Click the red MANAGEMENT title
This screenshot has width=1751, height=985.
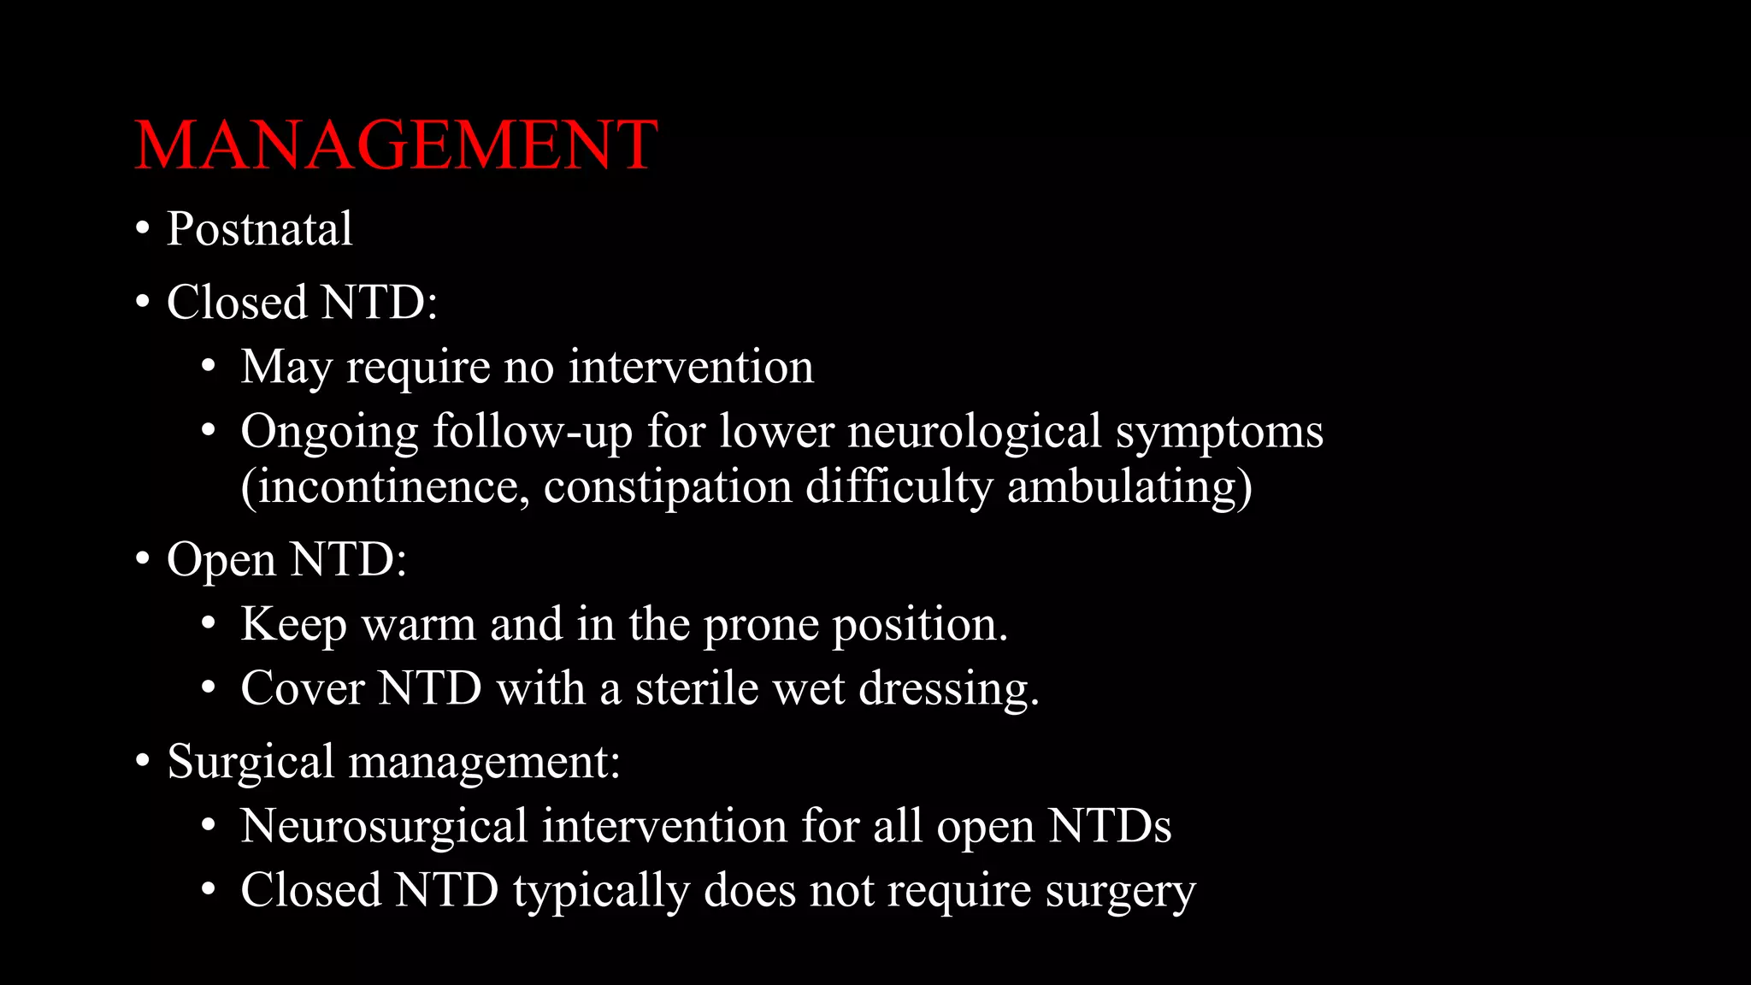pyautogui.click(x=396, y=145)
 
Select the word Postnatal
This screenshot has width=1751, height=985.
pyautogui.click(x=259, y=229)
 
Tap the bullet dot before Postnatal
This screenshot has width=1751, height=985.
pyautogui.click(x=143, y=229)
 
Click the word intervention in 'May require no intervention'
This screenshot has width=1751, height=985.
pyautogui.click(x=691, y=367)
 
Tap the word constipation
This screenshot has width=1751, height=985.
pyautogui.click(x=668, y=487)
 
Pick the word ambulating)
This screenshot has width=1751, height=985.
pyautogui.click(x=1129, y=487)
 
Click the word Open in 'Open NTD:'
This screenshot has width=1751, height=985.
pyautogui.click(x=221, y=560)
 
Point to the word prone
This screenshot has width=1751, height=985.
pyautogui.click(x=761, y=625)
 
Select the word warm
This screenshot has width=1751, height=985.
pyautogui.click(x=418, y=624)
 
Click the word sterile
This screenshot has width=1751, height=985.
pyautogui.click(x=696, y=688)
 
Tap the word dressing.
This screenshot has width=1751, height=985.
pyautogui.click(x=948, y=689)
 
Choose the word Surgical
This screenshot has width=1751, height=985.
pyautogui.click(x=251, y=761)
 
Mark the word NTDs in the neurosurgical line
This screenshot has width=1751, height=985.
pyautogui.click(x=1110, y=826)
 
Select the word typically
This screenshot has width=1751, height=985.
pyautogui.click(x=601, y=891)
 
